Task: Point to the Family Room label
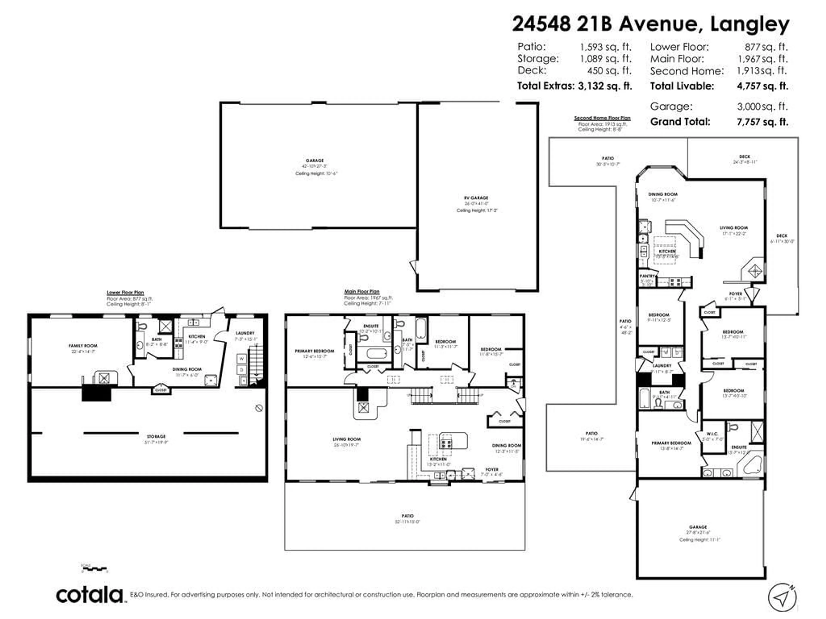tap(83, 346)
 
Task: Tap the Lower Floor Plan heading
tap(125, 293)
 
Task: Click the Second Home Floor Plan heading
tap(602, 118)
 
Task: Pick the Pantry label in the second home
tap(647, 276)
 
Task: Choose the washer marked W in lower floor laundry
tap(242, 359)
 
